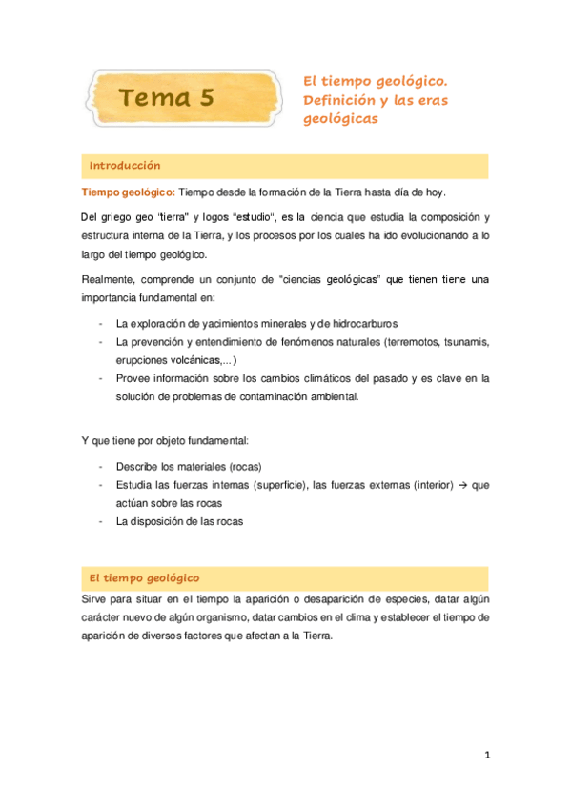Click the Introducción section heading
[x=125, y=166]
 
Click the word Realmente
[x=110, y=279]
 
